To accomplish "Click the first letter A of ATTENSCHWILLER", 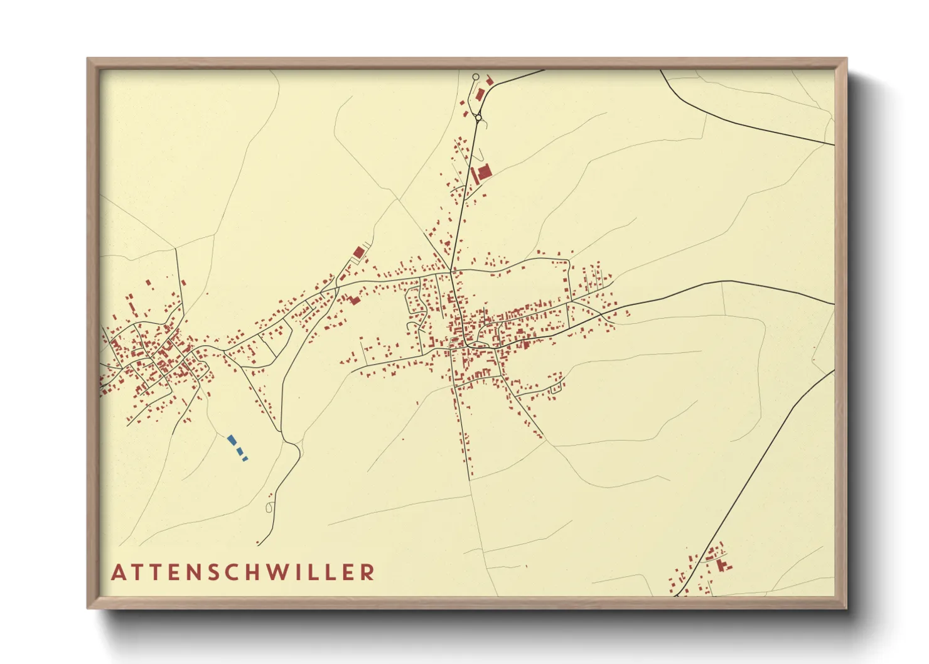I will [x=118, y=572].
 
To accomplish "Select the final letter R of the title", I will [x=368, y=572].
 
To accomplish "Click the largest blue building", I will [x=232, y=439].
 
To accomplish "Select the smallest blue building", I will [x=245, y=459].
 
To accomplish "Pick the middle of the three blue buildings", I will [x=239, y=450].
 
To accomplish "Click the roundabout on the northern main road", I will [x=478, y=117].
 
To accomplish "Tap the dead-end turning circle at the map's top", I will [x=475, y=77].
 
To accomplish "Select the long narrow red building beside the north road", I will [x=474, y=175].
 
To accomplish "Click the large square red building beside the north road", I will [x=483, y=171].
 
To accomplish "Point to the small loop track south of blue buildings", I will [x=270, y=505].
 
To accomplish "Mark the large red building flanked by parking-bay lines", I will [x=358, y=252].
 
